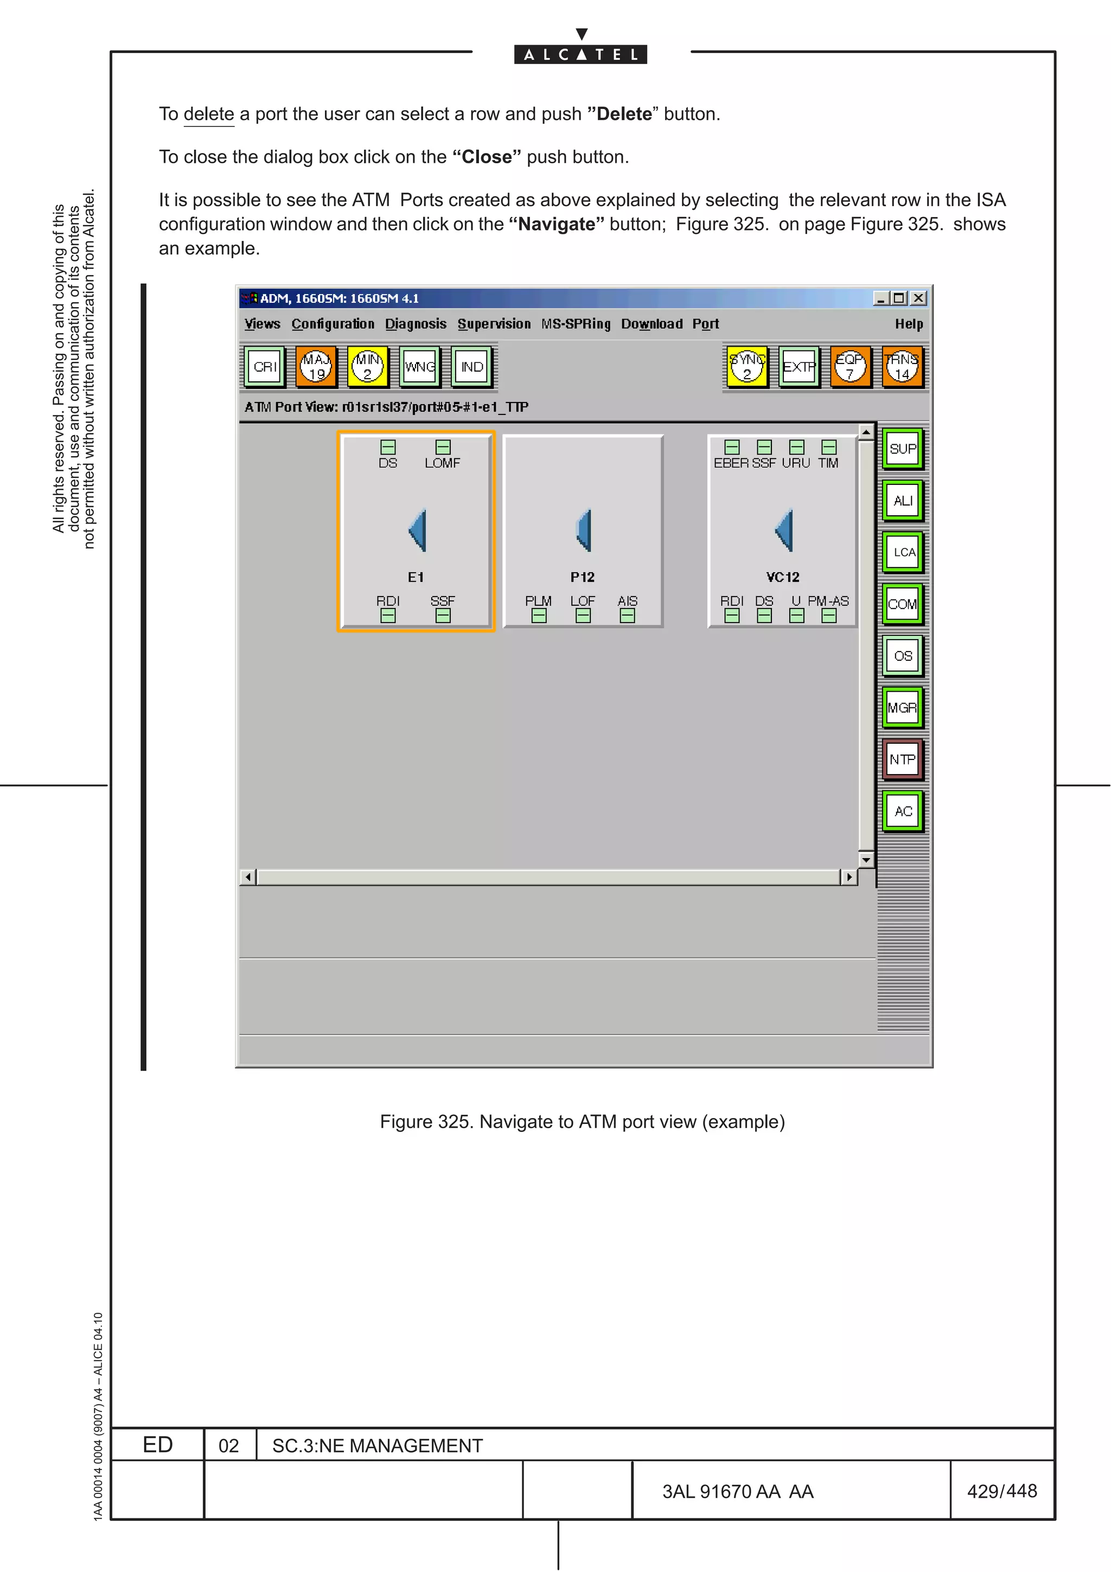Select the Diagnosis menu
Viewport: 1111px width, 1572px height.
(x=416, y=324)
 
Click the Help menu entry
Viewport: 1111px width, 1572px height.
(x=908, y=324)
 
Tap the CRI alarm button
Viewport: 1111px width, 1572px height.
(x=265, y=367)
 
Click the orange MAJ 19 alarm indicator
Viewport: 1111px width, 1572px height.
(x=316, y=367)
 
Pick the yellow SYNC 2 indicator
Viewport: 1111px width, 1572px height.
(x=747, y=367)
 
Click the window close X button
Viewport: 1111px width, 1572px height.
(x=918, y=298)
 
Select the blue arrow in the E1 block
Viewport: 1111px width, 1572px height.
(x=418, y=530)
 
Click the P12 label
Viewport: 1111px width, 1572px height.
(x=583, y=577)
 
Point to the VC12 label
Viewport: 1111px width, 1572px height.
(x=782, y=577)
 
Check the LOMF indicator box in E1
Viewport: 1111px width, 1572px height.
(x=443, y=447)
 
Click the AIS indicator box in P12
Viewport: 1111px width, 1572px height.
(x=627, y=616)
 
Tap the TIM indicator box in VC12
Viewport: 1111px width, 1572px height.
(x=829, y=447)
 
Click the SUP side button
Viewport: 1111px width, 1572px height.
(x=903, y=449)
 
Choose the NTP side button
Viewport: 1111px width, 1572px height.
(x=903, y=759)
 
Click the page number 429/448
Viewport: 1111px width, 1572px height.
(x=1001, y=1491)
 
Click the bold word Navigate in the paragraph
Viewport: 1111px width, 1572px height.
(x=557, y=225)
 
